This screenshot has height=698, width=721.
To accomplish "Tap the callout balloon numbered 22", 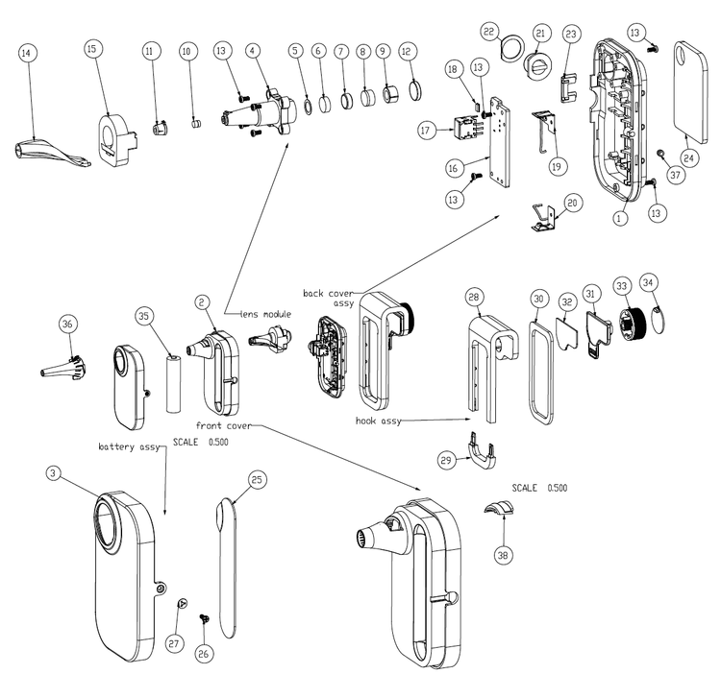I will (489, 33).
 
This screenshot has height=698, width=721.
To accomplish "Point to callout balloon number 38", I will (503, 554).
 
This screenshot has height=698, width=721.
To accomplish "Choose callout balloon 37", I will (679, 175).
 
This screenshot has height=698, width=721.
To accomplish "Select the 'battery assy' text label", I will (125, 447).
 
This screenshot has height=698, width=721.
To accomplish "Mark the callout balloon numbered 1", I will (621, 218).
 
